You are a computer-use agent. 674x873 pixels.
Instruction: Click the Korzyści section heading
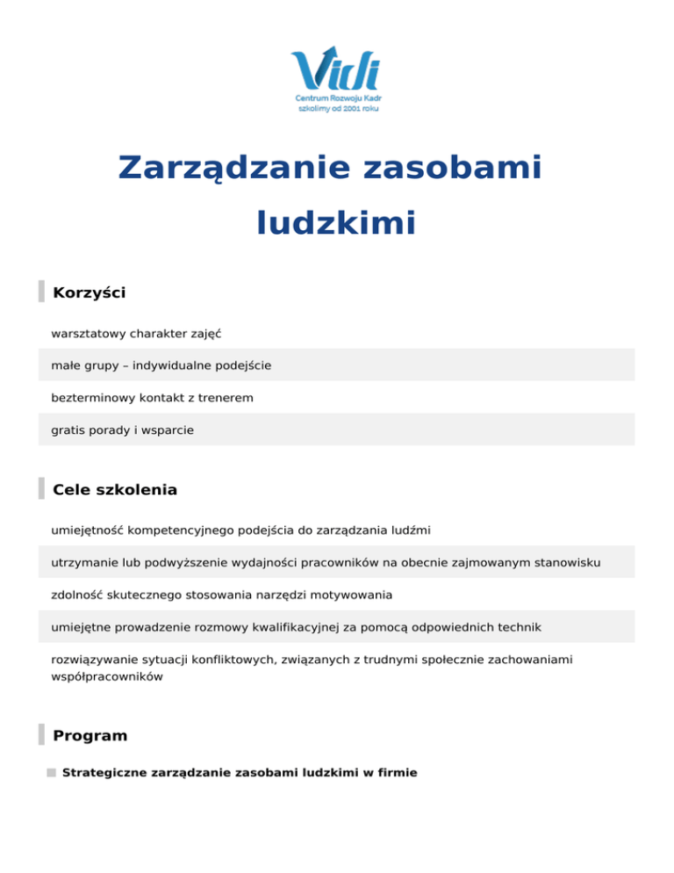pos(90,292)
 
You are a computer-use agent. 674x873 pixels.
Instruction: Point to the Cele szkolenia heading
pos(115,490)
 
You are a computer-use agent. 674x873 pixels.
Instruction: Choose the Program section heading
pos(90,735)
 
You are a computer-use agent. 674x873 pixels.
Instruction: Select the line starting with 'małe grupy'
pos(161,365)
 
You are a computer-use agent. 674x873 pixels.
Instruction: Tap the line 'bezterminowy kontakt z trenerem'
pos(152,398)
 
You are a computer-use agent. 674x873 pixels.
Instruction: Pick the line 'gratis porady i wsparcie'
pos(123,430)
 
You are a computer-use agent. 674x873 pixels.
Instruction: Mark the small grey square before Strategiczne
pos(52,773)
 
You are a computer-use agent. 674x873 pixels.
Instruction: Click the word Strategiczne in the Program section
pos(105,773)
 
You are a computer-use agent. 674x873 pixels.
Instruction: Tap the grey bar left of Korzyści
pos(41,292)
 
